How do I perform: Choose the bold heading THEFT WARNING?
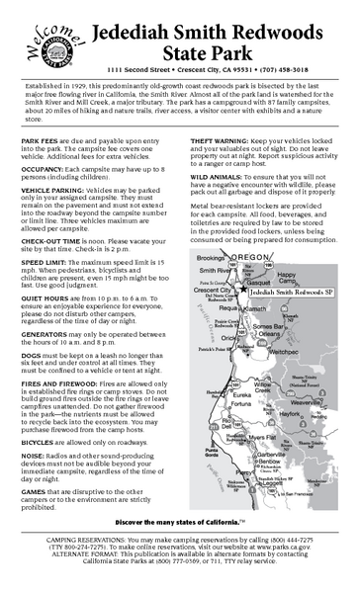coord(222,141)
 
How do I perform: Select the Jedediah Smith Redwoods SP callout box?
coord(285,293)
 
